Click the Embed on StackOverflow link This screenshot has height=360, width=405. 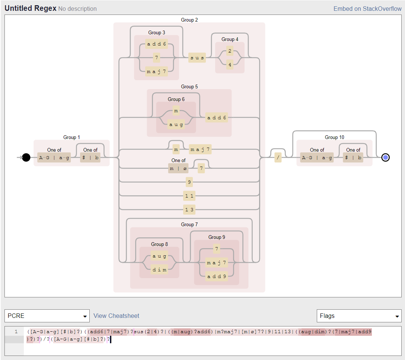367,9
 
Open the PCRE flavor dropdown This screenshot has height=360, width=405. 47,316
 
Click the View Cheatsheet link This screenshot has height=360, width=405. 116,316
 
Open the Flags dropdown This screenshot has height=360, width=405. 359,316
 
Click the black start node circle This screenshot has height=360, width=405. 26,158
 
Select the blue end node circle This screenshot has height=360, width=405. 386,158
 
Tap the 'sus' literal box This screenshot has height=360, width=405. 197,58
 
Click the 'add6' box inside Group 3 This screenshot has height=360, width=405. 156,44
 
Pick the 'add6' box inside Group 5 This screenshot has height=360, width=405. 217,118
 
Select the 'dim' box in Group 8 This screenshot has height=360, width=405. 159,269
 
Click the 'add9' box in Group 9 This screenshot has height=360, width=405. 216,276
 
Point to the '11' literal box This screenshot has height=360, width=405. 189,196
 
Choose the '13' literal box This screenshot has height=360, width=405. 189,209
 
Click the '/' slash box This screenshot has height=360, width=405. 278,158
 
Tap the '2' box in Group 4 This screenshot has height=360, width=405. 230,51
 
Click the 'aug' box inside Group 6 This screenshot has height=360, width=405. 176,124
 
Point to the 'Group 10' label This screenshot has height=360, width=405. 334,137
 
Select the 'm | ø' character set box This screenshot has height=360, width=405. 178,168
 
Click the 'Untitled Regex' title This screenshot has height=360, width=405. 31,8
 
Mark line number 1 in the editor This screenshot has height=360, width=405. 16,331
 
